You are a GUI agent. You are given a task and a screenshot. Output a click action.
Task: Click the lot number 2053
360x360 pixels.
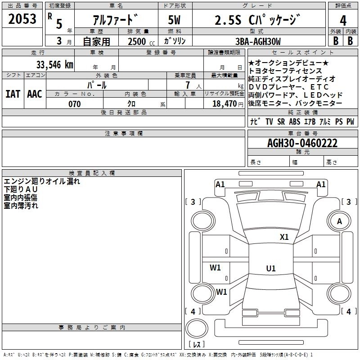pos(22,19)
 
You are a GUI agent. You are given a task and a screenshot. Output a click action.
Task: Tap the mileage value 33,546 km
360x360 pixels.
pos(55,64)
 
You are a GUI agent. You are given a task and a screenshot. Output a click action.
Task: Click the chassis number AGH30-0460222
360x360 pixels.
pos(302,144)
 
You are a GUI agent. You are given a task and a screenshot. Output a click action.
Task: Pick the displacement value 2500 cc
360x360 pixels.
pos(140,41)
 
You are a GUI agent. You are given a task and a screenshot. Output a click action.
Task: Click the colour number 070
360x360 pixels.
pos(74,104)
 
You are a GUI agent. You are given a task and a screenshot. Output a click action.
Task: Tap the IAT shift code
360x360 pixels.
pos(12,94)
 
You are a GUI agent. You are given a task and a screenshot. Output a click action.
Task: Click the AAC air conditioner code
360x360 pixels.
pos(35,94)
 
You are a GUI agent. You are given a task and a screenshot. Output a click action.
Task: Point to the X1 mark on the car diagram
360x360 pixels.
pos(284,237)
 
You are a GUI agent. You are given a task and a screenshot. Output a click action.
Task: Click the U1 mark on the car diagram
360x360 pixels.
pos(270,269)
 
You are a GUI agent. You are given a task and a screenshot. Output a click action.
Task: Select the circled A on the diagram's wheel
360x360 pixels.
pos(339,221)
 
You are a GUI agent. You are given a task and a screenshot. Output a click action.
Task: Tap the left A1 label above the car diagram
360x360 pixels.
pos(220,184)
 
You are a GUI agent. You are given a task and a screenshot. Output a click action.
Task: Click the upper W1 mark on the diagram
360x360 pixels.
pos(216,268)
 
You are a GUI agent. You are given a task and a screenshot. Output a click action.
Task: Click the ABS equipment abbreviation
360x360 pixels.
pos(294,121)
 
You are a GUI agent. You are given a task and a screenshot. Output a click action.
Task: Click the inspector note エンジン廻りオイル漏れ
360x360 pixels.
pos(42,181)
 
